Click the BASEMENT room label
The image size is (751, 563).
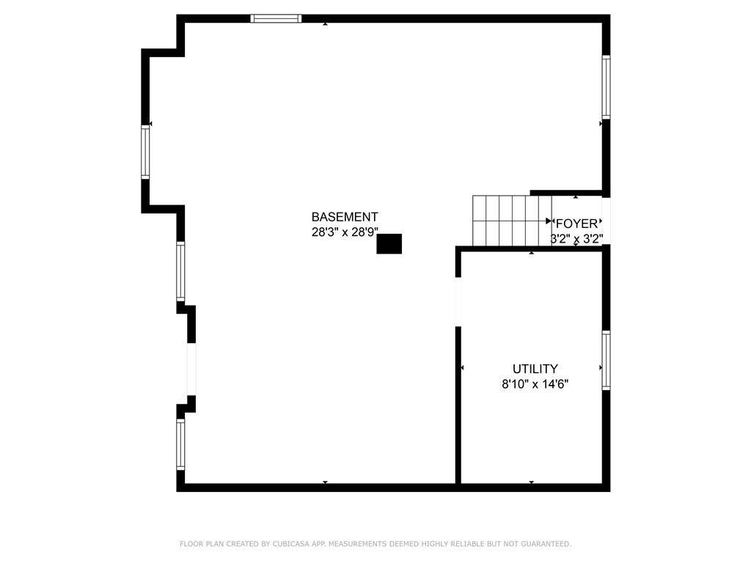coord(345,217)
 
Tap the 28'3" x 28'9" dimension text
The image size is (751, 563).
coord(345,232)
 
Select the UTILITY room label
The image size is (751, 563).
coord(535,369)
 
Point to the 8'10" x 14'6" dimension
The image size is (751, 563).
coord(535,383)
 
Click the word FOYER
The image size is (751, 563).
coord(577,224)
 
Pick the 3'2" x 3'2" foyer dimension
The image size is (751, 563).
coord(577,238)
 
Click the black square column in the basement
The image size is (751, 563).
coord(389,244)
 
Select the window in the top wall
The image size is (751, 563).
coord(276,18)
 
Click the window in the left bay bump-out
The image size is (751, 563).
coord(145,153)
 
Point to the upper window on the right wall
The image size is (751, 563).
coord(606,87)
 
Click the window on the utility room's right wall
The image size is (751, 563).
coord(606,360)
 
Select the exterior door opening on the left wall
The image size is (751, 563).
coord(191,369)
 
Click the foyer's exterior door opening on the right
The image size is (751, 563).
coord(606,221)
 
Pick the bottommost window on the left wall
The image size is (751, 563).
coord(180,444)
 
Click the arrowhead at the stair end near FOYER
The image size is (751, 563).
coord(549,221)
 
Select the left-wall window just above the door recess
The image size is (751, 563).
coord(180,271)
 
